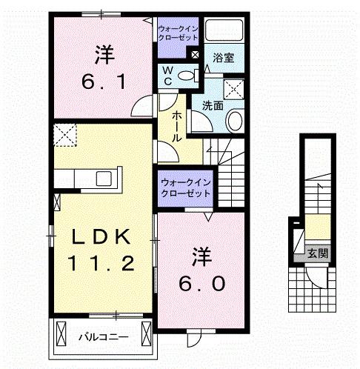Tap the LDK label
104,237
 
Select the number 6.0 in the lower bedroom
199,284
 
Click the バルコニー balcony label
104,337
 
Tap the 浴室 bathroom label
224,58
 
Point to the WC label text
168,76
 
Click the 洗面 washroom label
213,106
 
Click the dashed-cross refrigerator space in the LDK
65,137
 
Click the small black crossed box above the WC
195,54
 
